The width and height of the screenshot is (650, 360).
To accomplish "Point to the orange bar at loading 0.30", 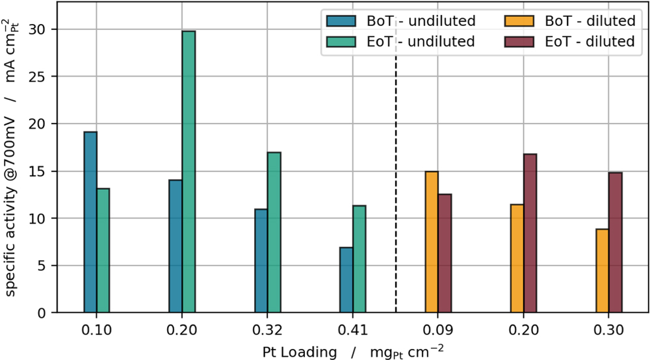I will (602, 270).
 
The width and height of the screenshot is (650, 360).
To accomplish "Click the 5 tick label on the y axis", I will (41, 266).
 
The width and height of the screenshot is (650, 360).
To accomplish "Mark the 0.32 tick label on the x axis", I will (267, 329).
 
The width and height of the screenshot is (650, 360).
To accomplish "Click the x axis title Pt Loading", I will (300, 352).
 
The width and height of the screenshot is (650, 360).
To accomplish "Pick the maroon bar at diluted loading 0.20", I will (530, 233).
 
